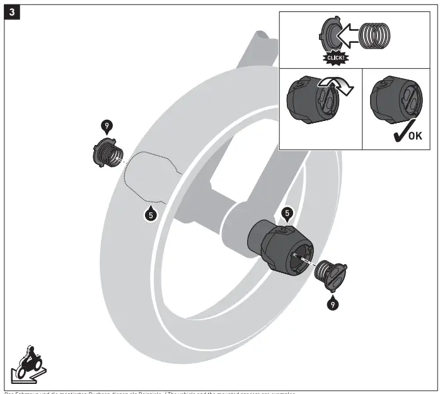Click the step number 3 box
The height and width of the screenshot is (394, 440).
click(x=12, y=13)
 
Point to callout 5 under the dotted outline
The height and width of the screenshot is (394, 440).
click(x=150, y=214)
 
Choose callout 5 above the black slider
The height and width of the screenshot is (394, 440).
click(x=287, y=213)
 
